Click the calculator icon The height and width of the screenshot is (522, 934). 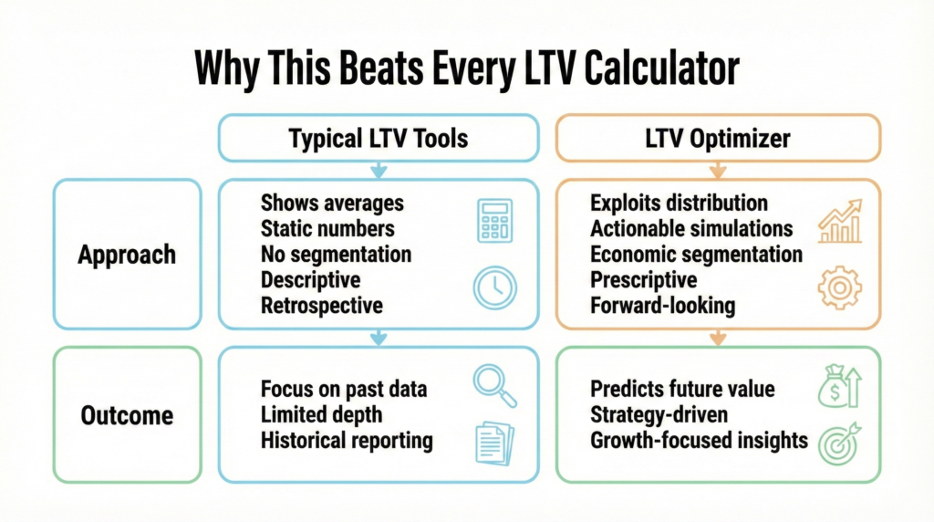[x=494, y=221]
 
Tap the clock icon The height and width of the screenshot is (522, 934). [x=495, y=287]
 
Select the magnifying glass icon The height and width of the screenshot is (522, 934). [x=495, y=385]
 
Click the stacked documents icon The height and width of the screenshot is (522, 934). [x=495, y=444]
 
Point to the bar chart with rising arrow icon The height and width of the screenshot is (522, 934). [x=840, y=221]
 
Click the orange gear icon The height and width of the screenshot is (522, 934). [x=840, y=287]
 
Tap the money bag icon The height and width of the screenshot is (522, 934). [x=840, y=386]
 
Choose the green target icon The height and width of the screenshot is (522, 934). [x=840, y=444]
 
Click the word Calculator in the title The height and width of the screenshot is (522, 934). [x=661, y=68]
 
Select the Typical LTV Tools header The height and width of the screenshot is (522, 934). [x=379, y=138]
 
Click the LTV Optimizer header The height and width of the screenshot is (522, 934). [x=718, y=138]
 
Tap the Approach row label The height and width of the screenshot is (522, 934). [x=127, y=255]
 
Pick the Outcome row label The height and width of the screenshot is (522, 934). [x=127, y=415]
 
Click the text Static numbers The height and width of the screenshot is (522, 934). [x=327, y=228]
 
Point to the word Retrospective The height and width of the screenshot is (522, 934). [x=322, y=306]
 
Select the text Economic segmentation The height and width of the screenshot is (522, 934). [x=696, y=255]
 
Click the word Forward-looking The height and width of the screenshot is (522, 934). [x=663, y=306]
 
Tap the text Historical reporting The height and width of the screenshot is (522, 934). [x=347, y=441]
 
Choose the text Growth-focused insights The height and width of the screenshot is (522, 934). [x=700, y=441]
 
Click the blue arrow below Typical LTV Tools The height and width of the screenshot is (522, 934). [x=379, y=170]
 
